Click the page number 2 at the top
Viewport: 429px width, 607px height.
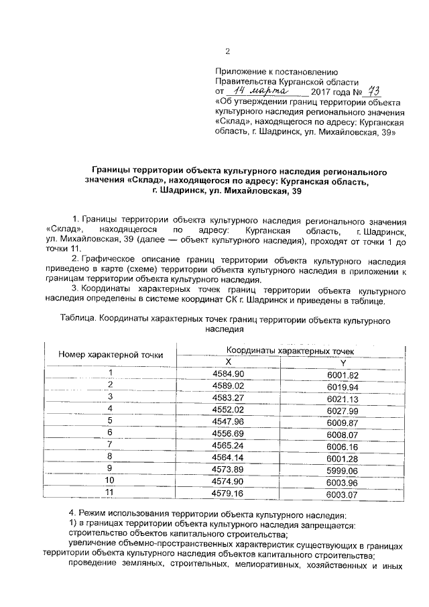tap(227, 52)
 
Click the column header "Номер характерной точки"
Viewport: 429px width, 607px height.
tap(110, 354)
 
